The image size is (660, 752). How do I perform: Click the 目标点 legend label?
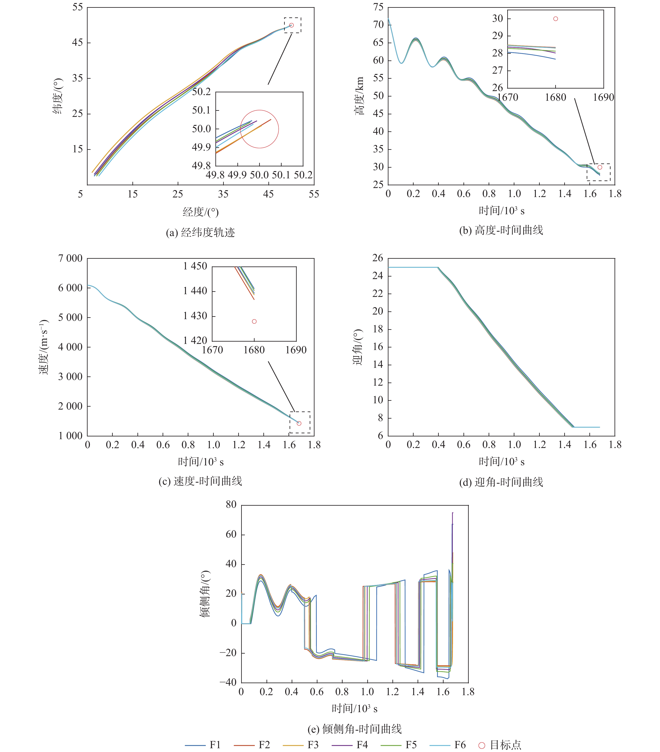(506, 745)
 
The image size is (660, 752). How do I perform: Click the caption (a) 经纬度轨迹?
(200, 232)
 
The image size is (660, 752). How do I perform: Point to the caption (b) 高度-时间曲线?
(501, 230)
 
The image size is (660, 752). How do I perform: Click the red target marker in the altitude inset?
(556, 19)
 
